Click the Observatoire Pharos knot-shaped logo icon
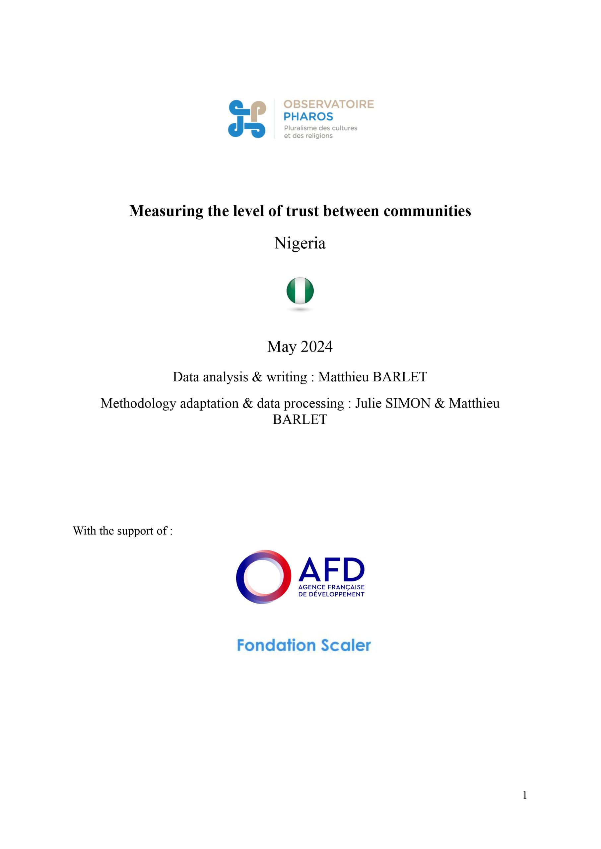247,119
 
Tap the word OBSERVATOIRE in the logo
328,104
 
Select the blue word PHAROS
308,117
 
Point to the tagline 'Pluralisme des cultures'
320,128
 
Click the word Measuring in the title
166,211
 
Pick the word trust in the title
302,211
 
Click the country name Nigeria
300,243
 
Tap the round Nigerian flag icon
300,291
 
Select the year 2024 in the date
316,347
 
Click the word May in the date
282,347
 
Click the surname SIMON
408,403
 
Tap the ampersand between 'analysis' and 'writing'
257,377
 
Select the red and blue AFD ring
263,577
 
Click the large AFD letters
331,569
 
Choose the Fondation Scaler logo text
303,645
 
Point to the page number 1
524,795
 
